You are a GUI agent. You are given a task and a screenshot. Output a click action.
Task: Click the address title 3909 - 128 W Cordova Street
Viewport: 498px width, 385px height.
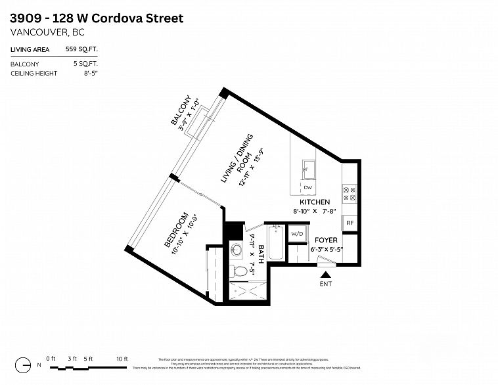pos(97,18)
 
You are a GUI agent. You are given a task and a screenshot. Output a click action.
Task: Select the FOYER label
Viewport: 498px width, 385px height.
pos(326,240)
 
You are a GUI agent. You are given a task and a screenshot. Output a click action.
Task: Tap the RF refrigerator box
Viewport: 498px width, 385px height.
pos(350,223)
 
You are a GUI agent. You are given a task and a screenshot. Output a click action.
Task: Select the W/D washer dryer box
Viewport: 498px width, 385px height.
pos(297,234)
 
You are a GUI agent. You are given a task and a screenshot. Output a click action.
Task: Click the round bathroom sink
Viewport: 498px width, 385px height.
pos(236,250)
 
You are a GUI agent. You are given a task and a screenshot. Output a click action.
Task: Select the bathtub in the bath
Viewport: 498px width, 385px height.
pos(275,244)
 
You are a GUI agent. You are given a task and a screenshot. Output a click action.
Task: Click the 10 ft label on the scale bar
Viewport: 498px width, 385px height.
pos(122,359)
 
